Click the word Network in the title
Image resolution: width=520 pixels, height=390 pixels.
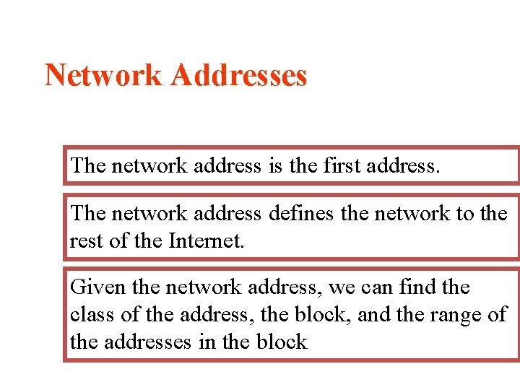pos(103,75)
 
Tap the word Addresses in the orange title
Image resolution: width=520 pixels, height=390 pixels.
pos(238,75)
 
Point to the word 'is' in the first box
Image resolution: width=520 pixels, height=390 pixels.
pos(274,165)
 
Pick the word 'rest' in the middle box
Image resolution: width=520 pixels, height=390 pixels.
pos(85,240)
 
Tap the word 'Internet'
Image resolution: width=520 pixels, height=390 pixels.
pos(206,240)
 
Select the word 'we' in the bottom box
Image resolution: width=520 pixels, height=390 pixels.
pos(342,287)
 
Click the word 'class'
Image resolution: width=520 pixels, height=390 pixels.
pos(90,315)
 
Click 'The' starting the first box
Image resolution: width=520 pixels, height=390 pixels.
pos(88,165)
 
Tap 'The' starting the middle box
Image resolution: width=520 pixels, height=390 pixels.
pos(88,214)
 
